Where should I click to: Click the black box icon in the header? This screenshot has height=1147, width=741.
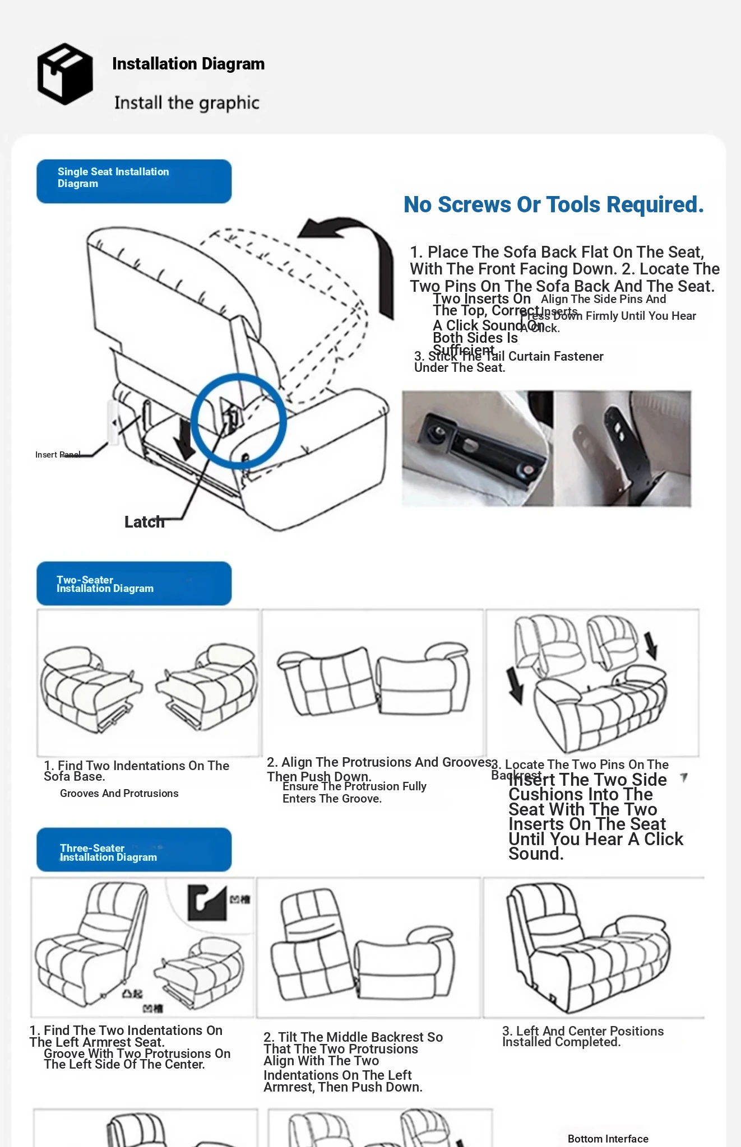coord(65,74)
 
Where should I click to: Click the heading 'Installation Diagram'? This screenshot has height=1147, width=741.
coord(188,64)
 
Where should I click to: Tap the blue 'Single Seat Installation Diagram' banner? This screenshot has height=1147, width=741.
coord(134,181)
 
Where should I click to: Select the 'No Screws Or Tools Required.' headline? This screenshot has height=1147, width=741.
coord(553,205)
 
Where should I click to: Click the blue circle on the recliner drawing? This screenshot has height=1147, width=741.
coord(239,421)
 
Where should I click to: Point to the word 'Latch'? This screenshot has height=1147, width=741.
coord(144,522)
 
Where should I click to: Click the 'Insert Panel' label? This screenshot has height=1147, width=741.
coord(57,455)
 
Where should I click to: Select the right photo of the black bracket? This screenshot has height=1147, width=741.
coord(622,449)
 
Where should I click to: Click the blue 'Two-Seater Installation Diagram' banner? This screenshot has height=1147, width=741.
coord(134,584)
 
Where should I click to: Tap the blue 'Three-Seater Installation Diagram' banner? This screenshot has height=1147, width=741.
coord(134,850)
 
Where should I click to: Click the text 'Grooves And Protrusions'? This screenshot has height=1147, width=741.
coord(119,794)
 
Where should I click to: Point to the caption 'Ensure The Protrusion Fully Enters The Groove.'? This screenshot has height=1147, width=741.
coord(354,792)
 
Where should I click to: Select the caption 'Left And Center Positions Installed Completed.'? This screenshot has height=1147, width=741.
coord(582,1037)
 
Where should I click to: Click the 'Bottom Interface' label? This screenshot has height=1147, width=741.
coord(608,1139)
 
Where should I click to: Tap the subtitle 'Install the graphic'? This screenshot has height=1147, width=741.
coord(187,103)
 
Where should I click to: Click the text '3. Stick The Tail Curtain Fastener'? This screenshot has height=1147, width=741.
coord(508,357)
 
